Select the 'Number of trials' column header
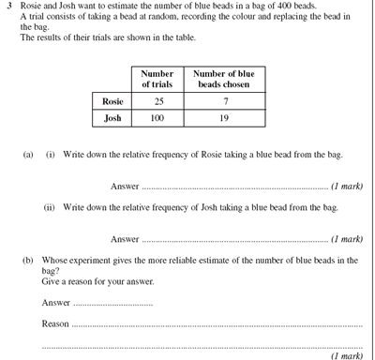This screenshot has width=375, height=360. point(157,79)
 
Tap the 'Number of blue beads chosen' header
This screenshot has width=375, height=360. point(224,79)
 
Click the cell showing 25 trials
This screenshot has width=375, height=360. point(157,100)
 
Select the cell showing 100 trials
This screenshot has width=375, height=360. point(157,118)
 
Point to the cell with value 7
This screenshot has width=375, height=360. point(224,100)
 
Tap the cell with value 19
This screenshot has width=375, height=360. point(224,118)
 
